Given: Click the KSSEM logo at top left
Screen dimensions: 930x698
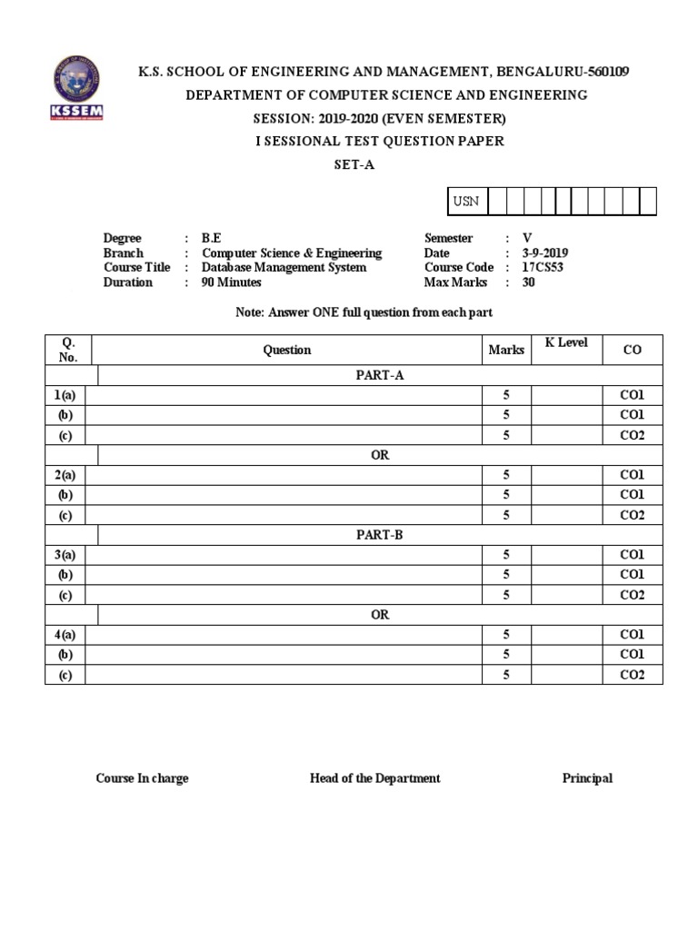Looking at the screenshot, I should [x=76, y=92].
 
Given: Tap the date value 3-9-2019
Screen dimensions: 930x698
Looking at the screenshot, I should [x=545, y=253].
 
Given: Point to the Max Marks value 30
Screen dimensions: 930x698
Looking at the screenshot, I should [x=528, y=282].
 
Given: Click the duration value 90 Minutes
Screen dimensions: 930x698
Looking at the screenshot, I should [x=231, y=282].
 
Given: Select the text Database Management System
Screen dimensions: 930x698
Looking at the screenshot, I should [x=284, y=268].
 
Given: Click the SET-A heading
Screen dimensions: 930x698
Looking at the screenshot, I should [x=355, y=165].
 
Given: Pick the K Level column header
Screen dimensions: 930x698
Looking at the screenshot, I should [x=566, y=343].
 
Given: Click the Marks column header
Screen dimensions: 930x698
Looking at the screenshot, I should [x=506, y=350].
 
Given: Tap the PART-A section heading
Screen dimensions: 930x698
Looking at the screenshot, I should [x=380, y=375].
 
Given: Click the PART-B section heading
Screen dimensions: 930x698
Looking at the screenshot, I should [x=380, y=535].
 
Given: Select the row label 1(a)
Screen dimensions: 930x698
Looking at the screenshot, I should [x=65, y=395].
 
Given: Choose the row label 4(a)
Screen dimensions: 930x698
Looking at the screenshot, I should [x=65, y=635].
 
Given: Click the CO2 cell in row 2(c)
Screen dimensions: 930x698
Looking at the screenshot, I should [x=632, y=515].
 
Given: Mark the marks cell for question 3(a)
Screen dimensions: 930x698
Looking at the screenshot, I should [x=506, y=555].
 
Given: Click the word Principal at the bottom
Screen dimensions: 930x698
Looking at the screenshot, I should [x=587, y=778].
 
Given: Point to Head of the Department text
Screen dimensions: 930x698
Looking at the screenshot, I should [x=374, y=778].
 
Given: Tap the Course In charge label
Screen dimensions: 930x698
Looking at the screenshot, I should [x=143, y=778].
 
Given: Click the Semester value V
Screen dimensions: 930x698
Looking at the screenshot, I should [x=527, y=239].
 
